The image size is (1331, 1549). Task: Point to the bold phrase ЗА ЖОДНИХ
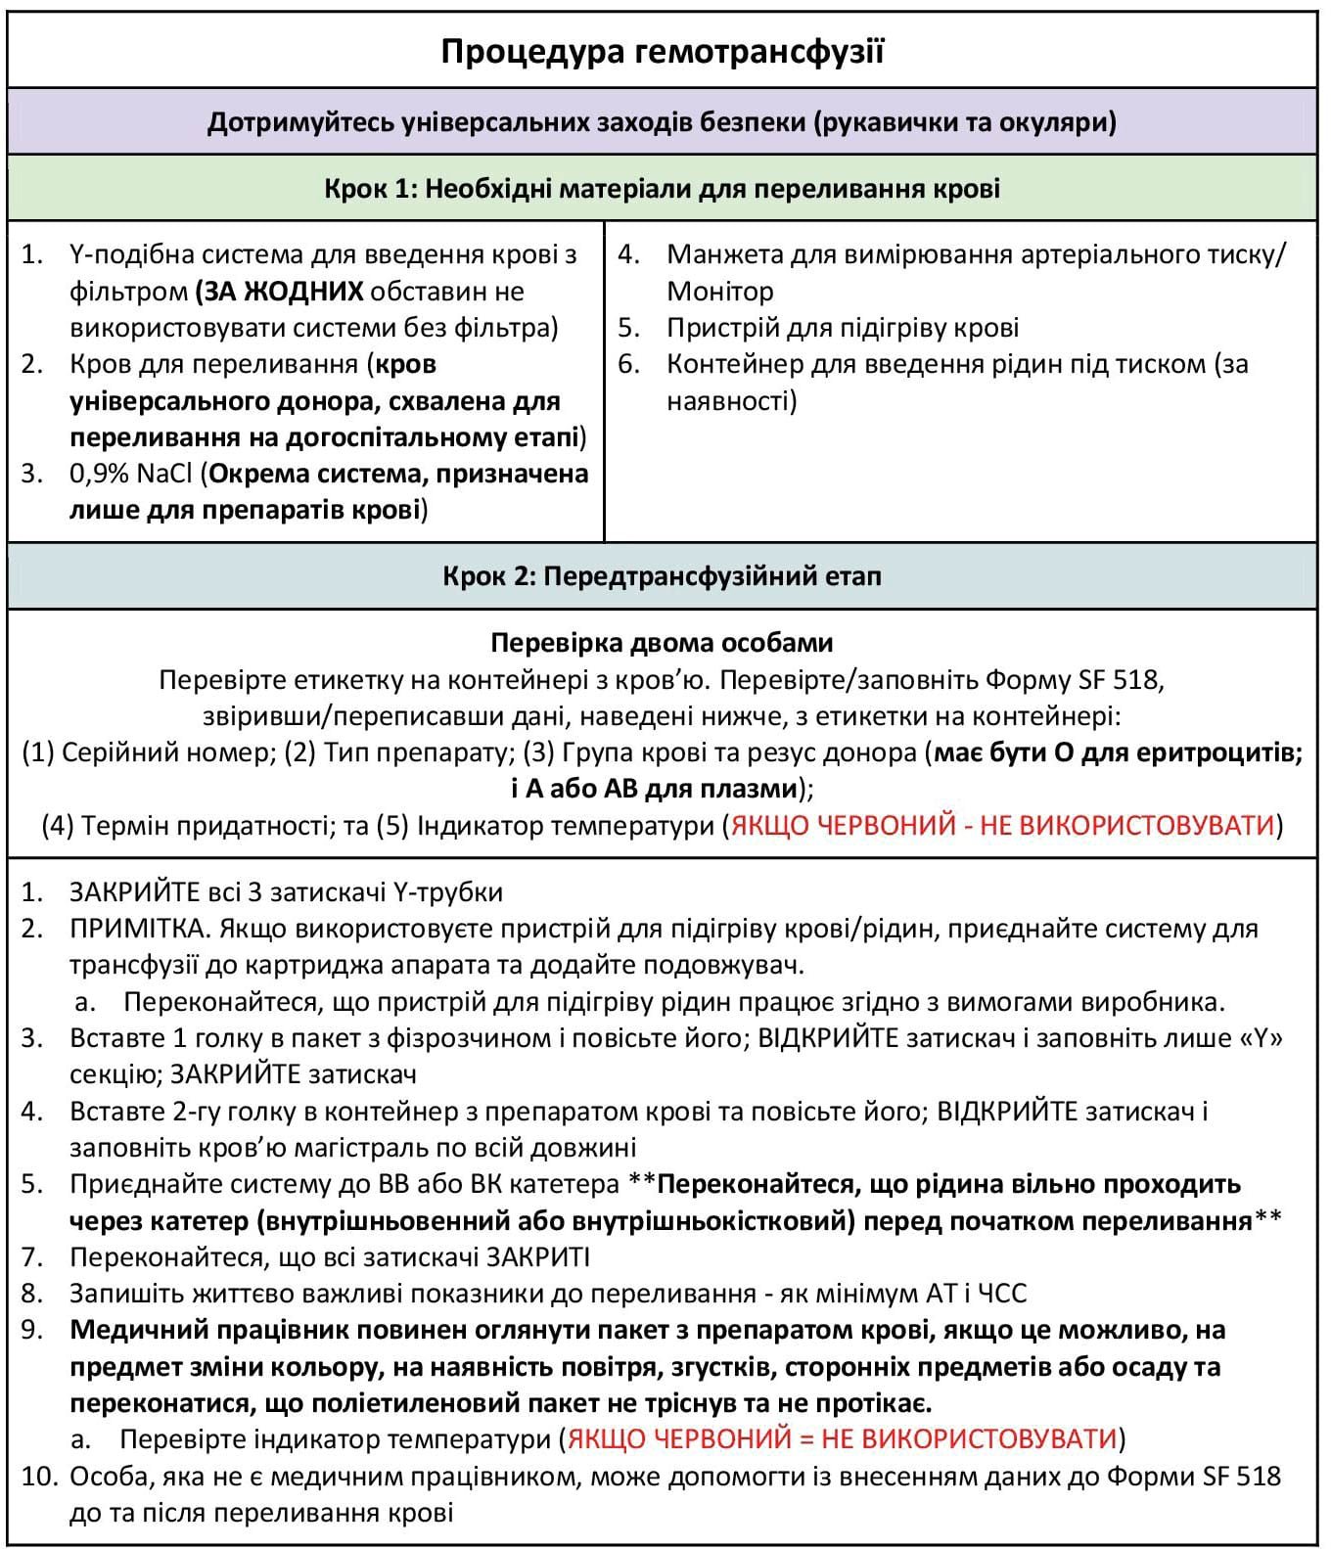click(279, 292)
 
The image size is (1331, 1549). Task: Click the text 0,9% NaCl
click(132, 474)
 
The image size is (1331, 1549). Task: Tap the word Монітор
click(720, 292)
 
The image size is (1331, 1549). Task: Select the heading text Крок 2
click(487, 575)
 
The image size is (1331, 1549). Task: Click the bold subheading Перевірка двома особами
click(662, 643)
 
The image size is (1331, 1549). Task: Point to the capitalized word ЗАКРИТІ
click(538, 1257)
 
